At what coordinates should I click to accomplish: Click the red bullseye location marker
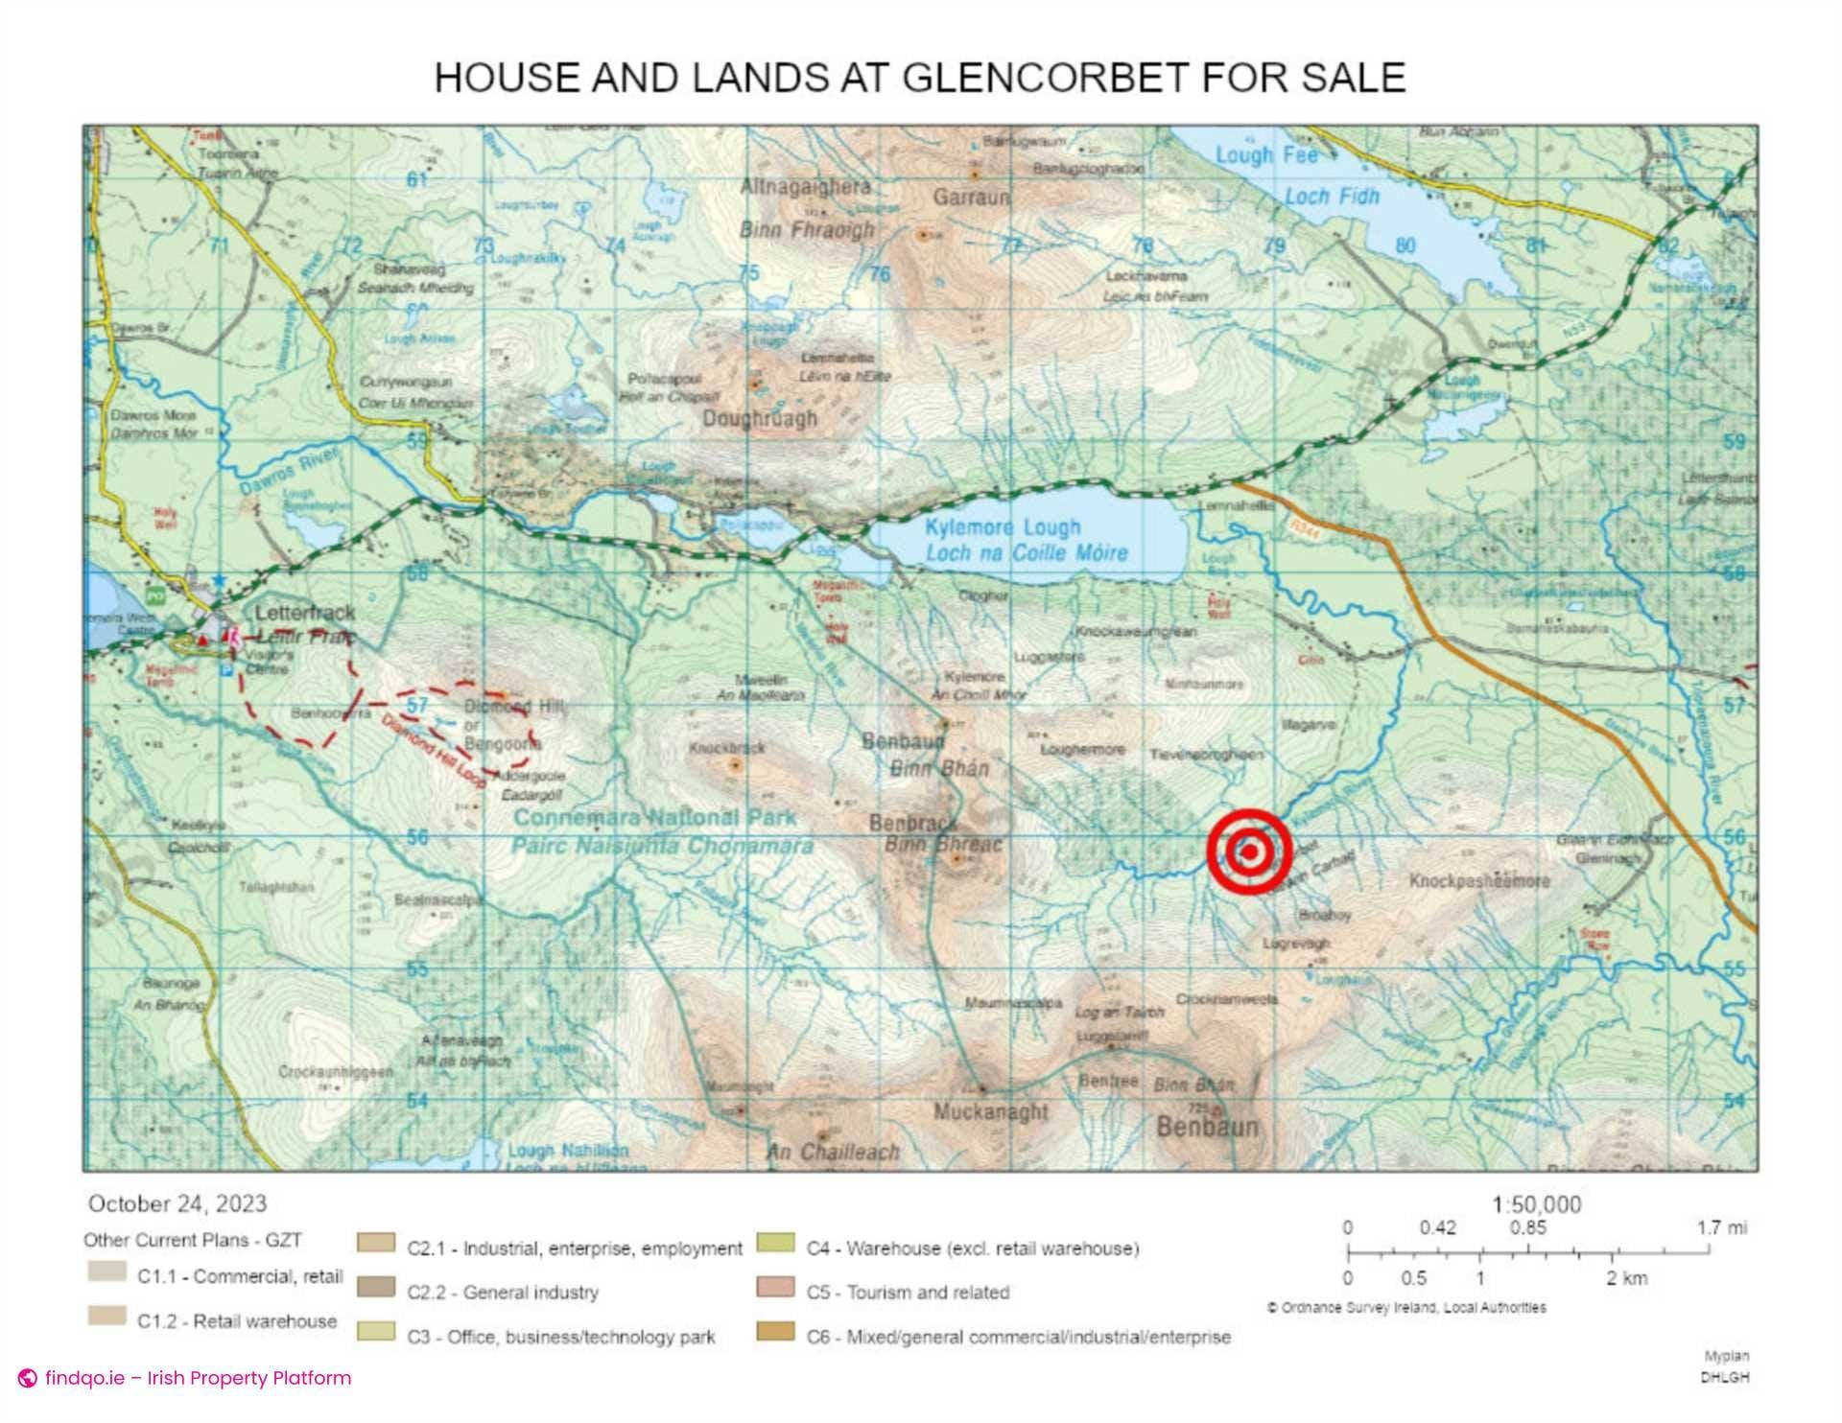(x=1250, y=851)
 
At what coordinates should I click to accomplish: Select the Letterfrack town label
(x=304, y=612)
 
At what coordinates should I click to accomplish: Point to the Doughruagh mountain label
(x=760, y=419)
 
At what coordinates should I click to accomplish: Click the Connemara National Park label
(x=654, y=818)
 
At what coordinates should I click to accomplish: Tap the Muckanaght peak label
(x=991, y=1111)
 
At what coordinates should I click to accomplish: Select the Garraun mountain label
(x=972, y=197)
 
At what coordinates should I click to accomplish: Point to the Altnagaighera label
(x=805, y=187)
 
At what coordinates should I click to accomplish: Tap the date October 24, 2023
(x=177, y=1203)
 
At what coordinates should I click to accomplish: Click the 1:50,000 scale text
(x=1536, y=1204)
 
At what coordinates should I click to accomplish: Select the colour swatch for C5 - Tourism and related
(x=775, y=1288)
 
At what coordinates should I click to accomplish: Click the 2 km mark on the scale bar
(x=1614, y=1252)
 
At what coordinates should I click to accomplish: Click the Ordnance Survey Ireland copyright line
(x=1405, y=1307)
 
